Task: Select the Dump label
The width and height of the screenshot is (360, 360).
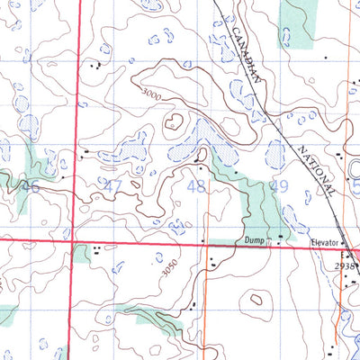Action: [x=256, y=240]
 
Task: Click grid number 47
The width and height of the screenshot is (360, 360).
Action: [x=112, y=186]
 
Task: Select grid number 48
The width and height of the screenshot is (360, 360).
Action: [x=195, y=187]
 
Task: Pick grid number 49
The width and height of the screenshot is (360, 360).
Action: [x=279, y=186]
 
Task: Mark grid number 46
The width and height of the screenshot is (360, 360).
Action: [x=31, y=187]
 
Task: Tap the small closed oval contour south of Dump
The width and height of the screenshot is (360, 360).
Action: [x=258, y=298]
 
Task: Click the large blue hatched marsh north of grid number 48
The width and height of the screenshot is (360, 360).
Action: [x=202, y=140]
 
